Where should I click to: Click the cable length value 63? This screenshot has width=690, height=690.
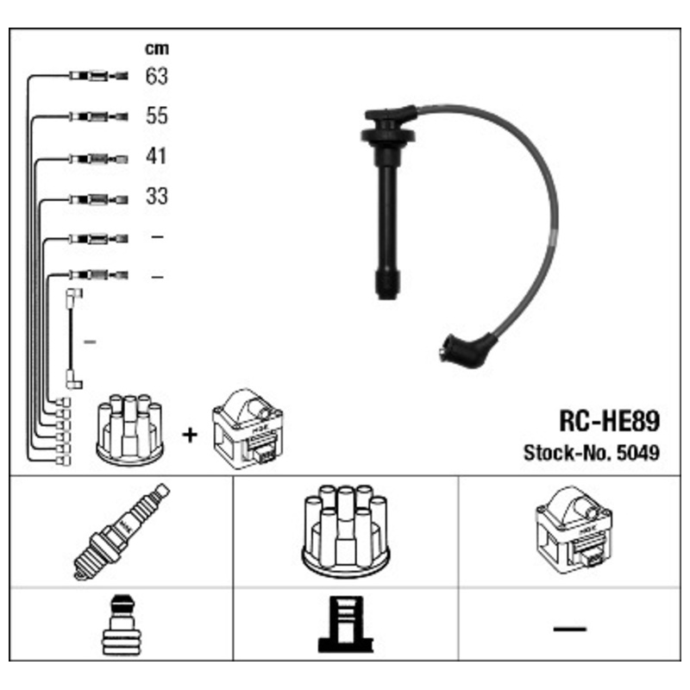pos(156,77)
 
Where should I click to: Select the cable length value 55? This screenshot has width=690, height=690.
pos(156,116)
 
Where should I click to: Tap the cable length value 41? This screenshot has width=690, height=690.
pos(156,157)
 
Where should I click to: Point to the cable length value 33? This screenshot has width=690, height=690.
pos(156,197)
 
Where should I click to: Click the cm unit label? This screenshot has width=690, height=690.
pos(156,49)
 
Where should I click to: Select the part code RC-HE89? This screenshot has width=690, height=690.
pos(610,422)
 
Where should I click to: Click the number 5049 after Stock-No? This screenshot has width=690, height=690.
pos(639,453)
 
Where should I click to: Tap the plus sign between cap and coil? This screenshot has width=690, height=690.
pos(189,434)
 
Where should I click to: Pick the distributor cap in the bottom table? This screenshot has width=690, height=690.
pos(344,530)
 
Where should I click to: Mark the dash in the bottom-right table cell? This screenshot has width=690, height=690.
pos(568,629)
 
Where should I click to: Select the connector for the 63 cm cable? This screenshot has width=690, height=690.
pos(97,77)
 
